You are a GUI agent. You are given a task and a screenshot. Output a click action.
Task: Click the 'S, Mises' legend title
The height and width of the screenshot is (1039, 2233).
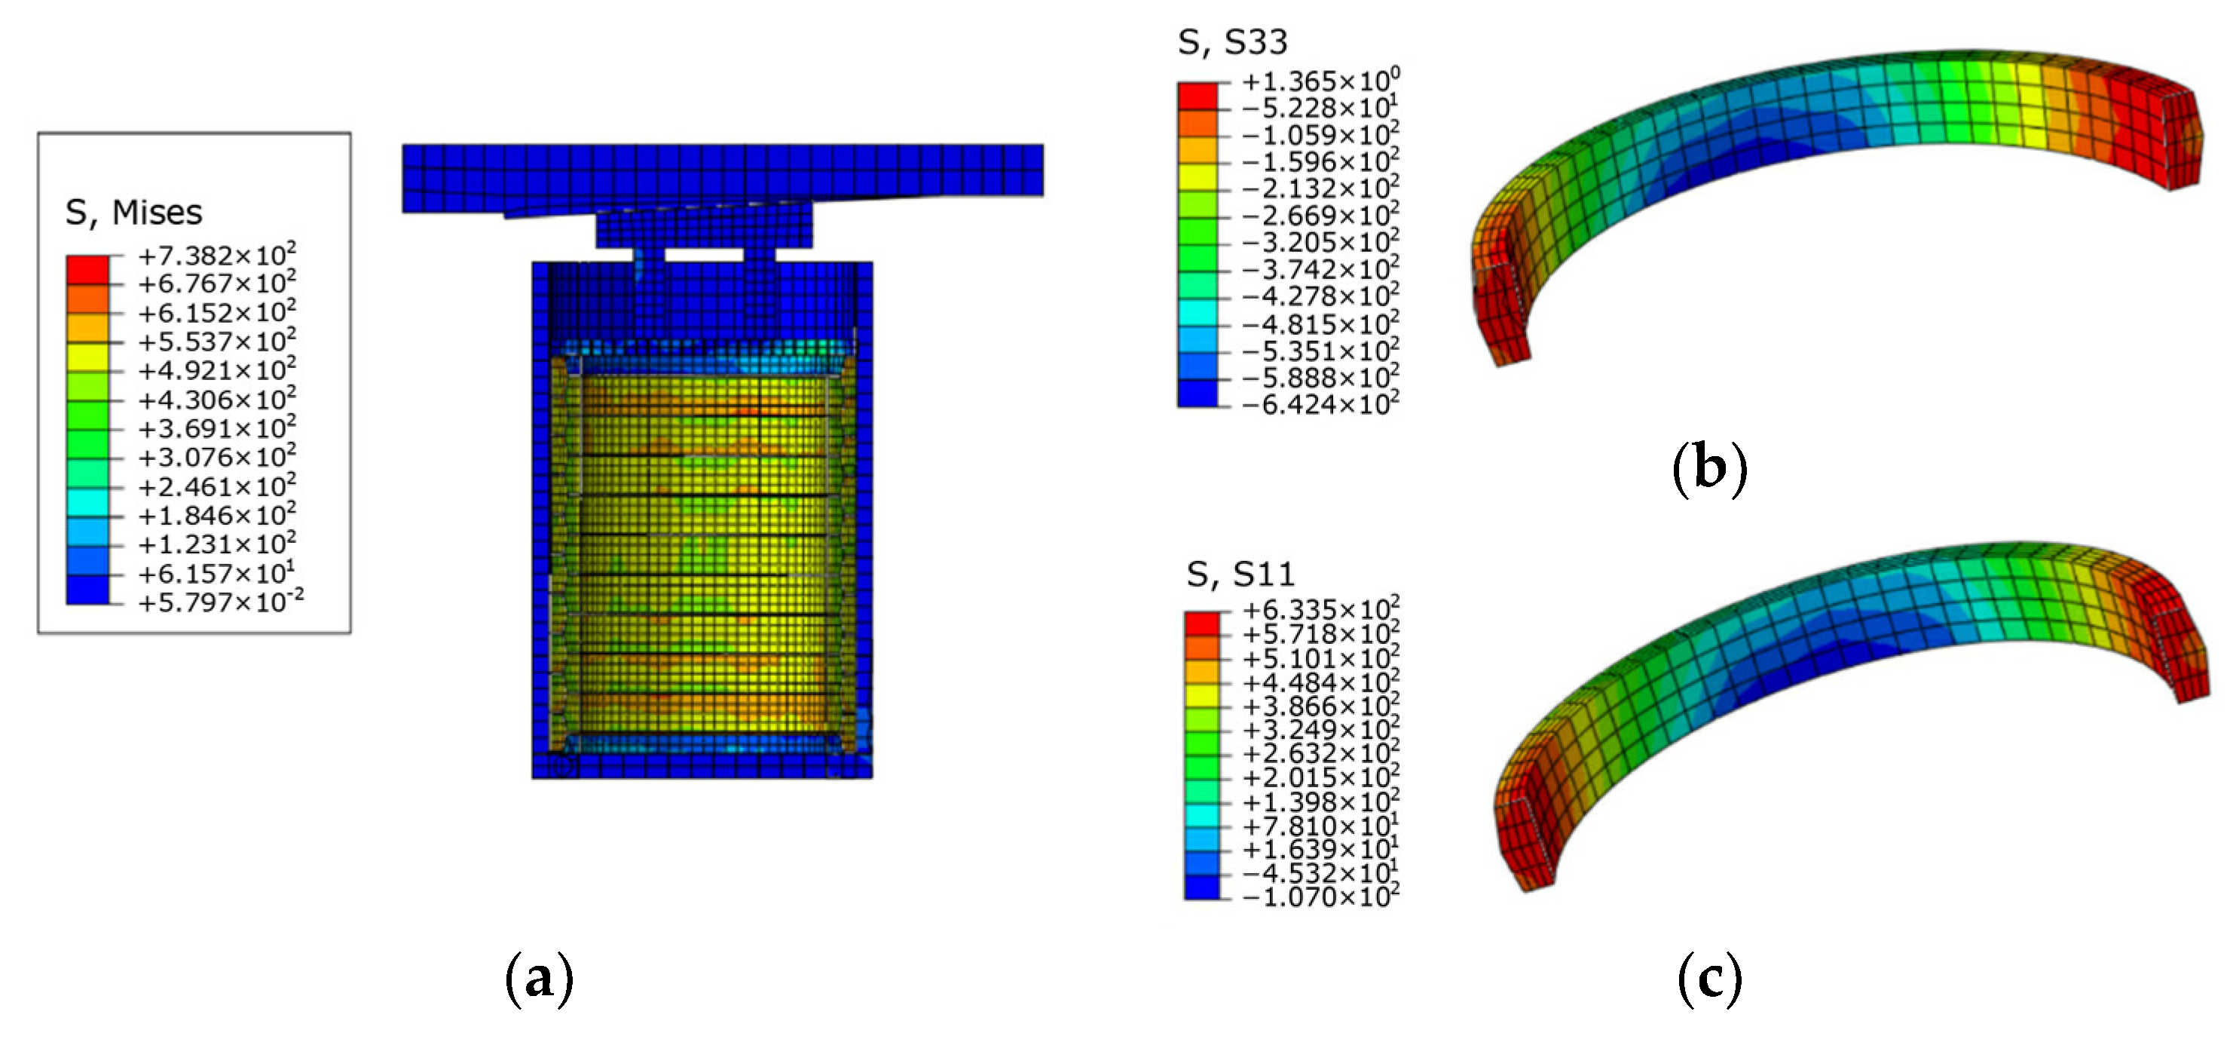(133, 213)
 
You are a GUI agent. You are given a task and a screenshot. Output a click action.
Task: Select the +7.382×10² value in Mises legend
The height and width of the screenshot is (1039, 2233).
(217, 255)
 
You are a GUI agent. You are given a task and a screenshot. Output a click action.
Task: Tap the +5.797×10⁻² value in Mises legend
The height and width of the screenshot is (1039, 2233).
(221, 601)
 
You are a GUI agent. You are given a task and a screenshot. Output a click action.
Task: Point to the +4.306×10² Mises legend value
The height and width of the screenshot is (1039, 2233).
(217, 399)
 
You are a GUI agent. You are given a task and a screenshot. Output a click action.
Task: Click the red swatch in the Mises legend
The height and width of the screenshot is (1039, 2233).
(87, 270)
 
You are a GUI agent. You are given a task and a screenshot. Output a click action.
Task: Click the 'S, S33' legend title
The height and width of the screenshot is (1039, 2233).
(1233, 41)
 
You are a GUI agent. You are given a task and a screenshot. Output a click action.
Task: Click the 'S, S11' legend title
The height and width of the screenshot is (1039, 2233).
(1240, 574)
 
